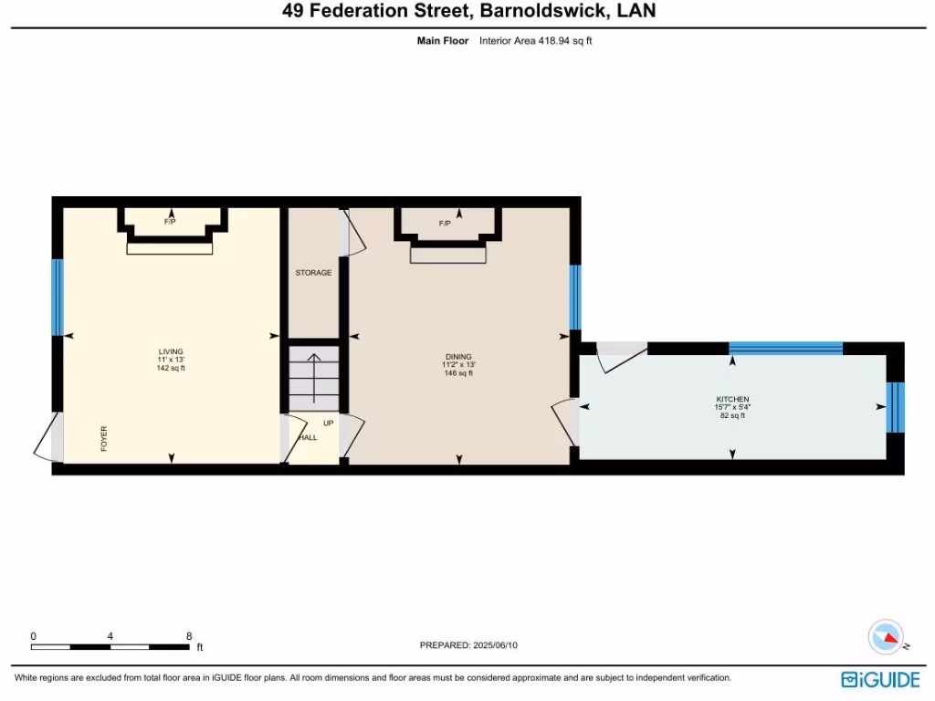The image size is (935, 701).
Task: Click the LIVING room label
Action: click(x=171, y=351)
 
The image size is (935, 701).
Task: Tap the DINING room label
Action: click(x=458, y=357)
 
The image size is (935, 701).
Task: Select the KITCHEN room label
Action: click(x=732, y=399)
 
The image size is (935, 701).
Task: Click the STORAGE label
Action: click(x=313, y=273)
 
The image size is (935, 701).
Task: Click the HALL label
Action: click(x=308, y=438)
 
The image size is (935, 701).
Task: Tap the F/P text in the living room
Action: click(x=170, y=222)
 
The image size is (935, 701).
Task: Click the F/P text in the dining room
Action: click(x=445, y=224)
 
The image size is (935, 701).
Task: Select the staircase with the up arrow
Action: click(x=314, y=376)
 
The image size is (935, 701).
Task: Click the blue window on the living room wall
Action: click(x=58, y=298)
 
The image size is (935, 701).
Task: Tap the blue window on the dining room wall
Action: click(x=574, y=297)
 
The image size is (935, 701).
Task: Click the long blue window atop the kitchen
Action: click(x=785, y=348)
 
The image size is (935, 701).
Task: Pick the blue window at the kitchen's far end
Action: click(x=896, y=406)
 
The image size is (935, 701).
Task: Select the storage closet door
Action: click(x=352, y=234)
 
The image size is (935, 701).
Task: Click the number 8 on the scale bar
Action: click(x=189, y=635)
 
